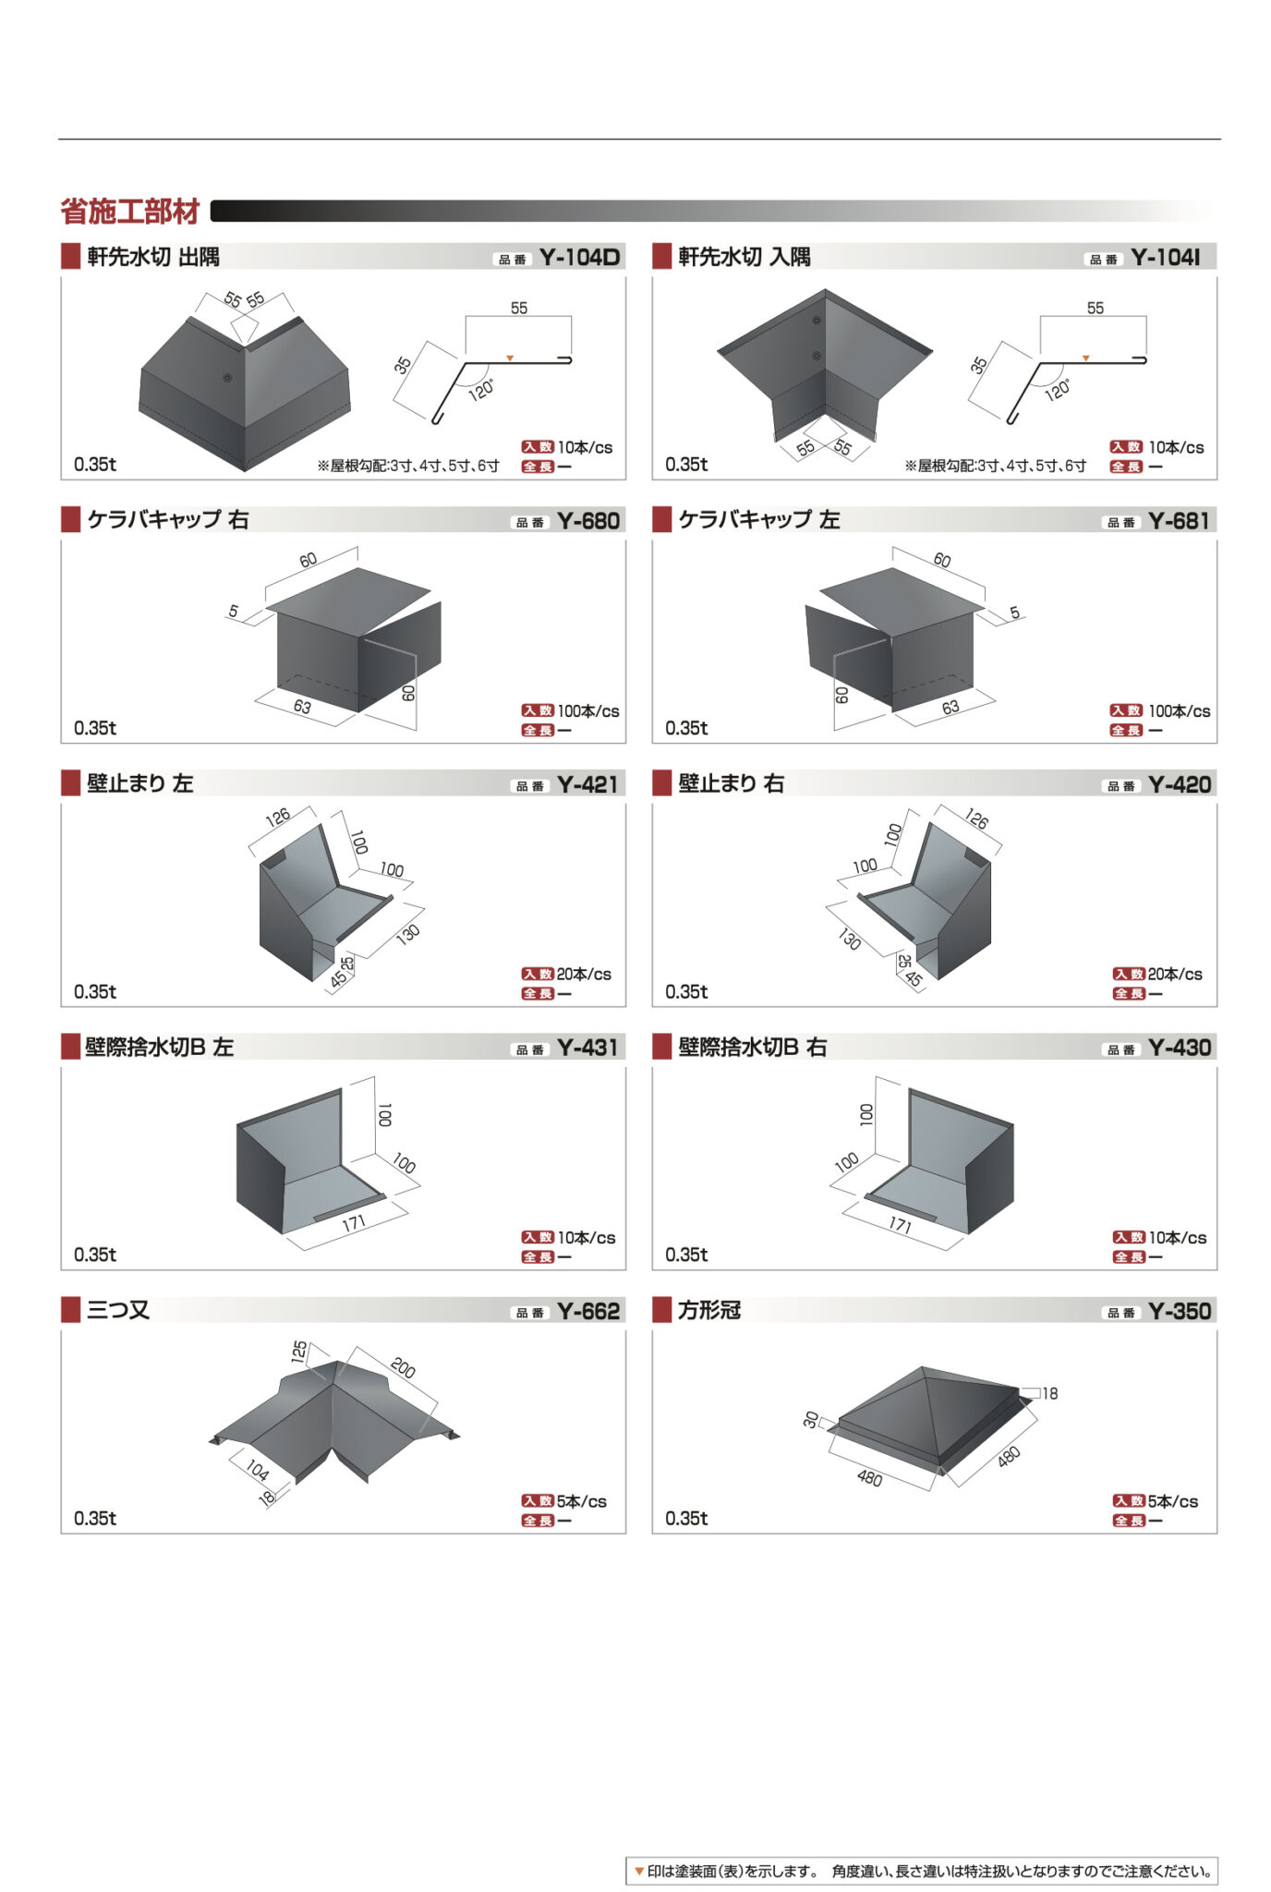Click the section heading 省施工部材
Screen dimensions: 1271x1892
tap(130, 212)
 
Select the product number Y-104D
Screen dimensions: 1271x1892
tap(579, 257)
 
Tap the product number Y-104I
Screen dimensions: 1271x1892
tap(1166, 257)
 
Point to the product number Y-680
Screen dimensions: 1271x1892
tap(588, 521)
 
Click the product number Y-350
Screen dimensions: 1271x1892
tap(1180, 1311)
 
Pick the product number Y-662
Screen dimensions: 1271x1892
tap(588, 1311)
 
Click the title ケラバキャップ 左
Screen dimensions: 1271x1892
tap(759, 520)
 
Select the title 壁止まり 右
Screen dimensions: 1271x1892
tap(731, 783)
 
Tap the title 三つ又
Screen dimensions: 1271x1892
tap(118, 1310)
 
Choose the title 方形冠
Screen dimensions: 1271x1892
tap(709, 1310)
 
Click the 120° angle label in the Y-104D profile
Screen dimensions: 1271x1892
tap(481, 389)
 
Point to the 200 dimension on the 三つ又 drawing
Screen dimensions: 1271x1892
tap(403, 1367)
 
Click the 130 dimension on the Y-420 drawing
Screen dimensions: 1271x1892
tap(850, 940)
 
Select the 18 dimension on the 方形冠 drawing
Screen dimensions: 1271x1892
tap(1050, 1393)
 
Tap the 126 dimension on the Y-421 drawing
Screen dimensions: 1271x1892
tap(277, 817)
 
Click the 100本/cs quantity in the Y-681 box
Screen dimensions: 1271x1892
tap(1179, 711)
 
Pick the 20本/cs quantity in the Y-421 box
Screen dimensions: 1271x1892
tap(584, 974)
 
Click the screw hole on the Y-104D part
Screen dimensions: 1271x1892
tap(227, 378)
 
